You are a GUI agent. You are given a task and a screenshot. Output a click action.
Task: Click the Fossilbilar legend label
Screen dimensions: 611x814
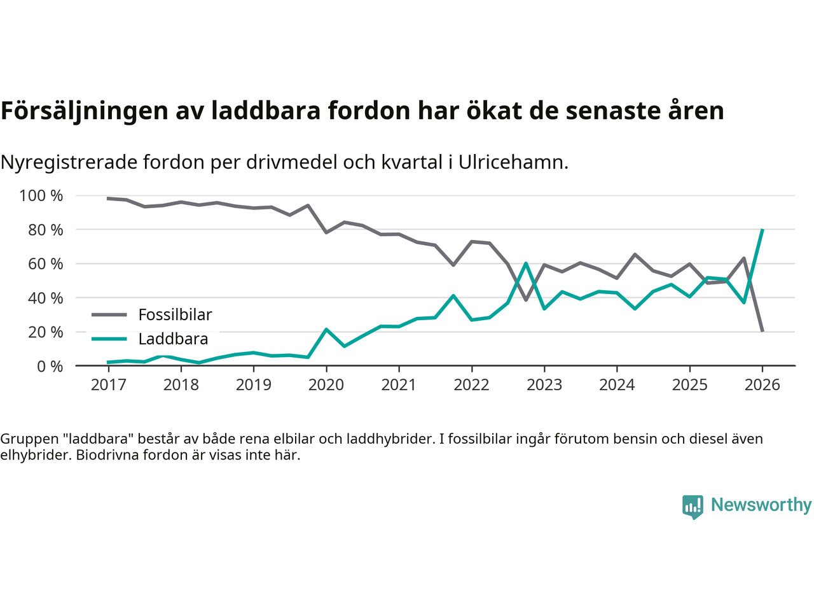pos(175,314)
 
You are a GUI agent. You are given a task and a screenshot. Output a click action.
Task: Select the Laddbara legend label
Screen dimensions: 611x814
pos(173,339)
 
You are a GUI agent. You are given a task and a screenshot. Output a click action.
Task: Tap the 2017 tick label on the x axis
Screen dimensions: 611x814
pos(108,384)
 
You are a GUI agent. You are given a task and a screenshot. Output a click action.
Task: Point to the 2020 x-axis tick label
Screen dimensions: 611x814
pos(326,384)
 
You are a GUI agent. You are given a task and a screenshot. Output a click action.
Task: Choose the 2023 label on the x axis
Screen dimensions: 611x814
pos(544,384)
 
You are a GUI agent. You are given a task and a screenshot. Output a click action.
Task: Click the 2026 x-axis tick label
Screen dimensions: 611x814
pos(762,384)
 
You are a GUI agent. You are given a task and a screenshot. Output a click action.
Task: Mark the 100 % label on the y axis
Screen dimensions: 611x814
pos(41,195)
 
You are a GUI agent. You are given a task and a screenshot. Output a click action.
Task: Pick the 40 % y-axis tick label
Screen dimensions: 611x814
pos(45,298)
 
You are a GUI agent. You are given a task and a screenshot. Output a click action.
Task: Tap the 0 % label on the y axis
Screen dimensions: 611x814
pos(49,366)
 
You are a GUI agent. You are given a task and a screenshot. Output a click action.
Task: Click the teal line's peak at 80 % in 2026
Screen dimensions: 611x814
pos(762,230)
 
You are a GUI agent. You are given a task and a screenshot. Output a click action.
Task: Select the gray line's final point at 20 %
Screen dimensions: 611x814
pos(762,331)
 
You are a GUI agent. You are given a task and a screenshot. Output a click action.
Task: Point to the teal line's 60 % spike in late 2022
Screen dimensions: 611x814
pos(526,263)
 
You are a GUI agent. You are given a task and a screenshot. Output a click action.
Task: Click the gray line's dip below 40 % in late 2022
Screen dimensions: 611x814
pos(526,300)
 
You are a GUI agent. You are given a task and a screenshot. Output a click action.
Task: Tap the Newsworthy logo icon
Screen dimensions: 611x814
pos(693,507)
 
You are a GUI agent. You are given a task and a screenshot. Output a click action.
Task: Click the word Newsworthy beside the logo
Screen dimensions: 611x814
pos(761,505)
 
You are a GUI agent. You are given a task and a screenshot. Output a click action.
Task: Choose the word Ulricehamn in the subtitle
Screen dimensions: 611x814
pos(513,162)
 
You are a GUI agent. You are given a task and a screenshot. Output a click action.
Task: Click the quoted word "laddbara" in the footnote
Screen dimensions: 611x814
pos(99,439)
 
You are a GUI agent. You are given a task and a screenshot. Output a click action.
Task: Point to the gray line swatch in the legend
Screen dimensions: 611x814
pos(109,314)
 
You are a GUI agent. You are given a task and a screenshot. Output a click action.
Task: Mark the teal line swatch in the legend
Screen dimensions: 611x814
pos(109,339)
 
